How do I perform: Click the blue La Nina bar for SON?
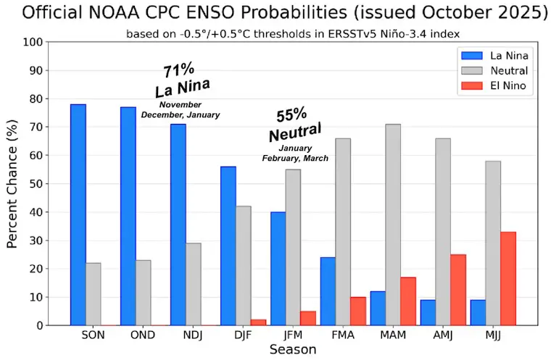(78, 214)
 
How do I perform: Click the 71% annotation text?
(178, 70)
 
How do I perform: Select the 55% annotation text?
(291, 116)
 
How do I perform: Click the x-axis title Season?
(293, 350)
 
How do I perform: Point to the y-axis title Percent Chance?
(13, 183)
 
